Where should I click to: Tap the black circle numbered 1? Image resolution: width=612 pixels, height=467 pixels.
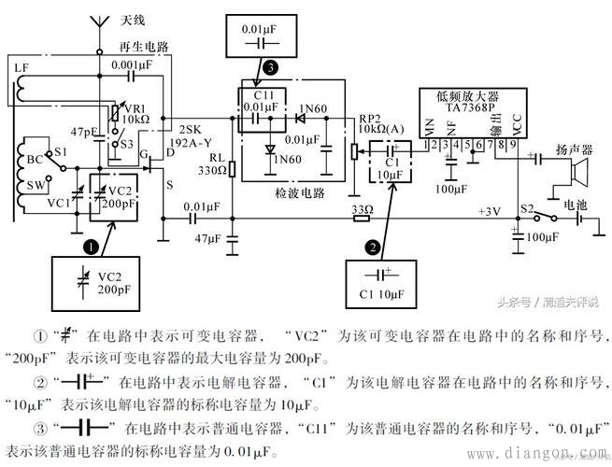pos(90,247)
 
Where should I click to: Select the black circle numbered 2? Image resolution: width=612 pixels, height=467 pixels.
pos(372,248)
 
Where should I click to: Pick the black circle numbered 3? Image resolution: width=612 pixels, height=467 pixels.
pos(270,68)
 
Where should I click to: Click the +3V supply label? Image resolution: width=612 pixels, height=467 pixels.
pos(491,212)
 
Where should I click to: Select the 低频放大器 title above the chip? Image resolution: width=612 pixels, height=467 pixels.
pos(468,94)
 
